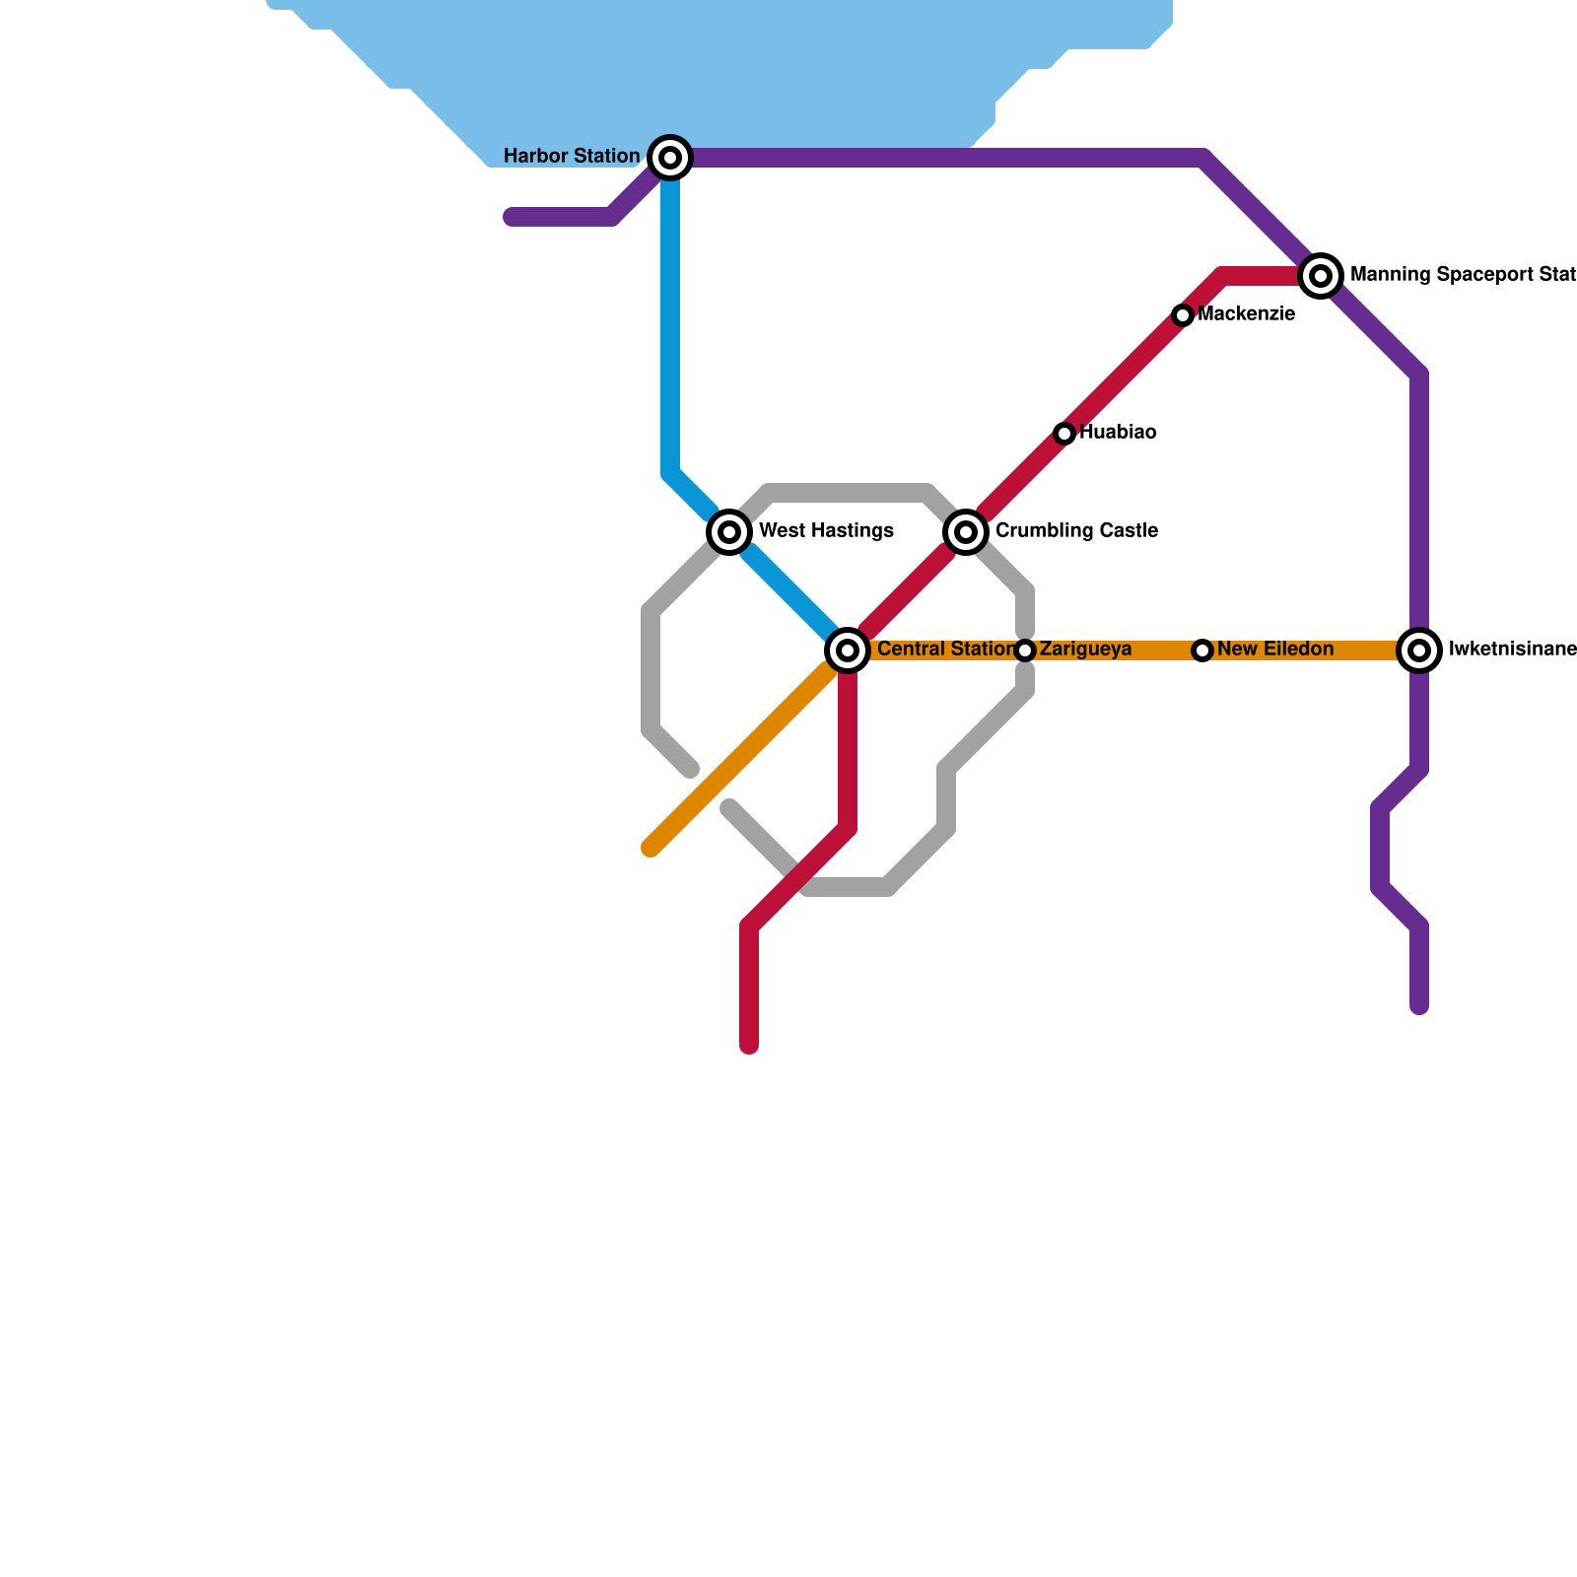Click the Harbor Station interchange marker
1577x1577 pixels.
(670, 158)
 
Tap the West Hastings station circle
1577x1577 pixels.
(729, 532)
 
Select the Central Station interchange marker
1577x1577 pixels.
(848, 651)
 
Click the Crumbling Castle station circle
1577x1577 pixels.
(967, 532)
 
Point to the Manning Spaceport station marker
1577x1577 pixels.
(1321, 276)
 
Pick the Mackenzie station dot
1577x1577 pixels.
(1183, 315)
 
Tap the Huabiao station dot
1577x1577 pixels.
(1064, 434)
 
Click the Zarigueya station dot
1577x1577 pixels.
(1025, 651)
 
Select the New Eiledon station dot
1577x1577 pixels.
(1202, 651)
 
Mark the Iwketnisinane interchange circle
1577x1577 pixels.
(1419, 651)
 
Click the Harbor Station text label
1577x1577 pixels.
(572, 157)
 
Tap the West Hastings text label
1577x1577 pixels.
(826, 531)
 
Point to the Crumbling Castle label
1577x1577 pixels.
(1076, 531)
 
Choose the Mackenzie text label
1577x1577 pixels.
(1247, 314)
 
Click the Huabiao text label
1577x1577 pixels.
(1118, 433)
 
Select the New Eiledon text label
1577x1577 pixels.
(1275, 650)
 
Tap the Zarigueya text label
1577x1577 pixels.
(1085, 650)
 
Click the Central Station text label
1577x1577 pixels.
(944, 650)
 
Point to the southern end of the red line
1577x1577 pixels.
(749, 1046)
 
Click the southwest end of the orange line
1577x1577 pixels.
(651, 848)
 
